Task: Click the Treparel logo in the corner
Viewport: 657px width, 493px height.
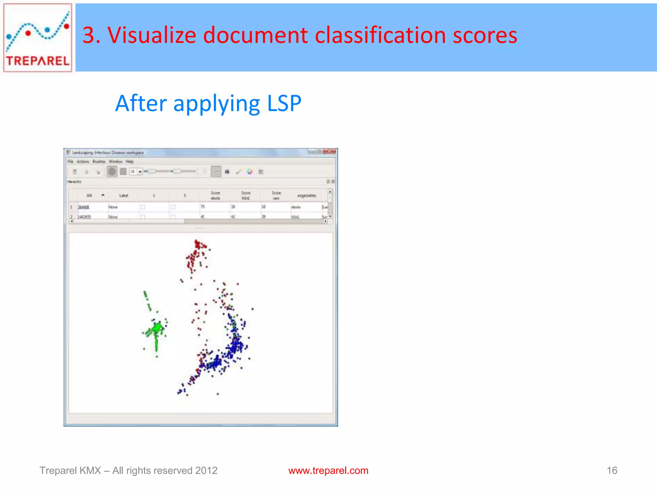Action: [x=38, y=38]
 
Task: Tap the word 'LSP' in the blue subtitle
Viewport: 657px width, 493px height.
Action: [x=284, y=103]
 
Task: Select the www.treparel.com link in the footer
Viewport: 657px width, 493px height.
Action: [x=328, y=471]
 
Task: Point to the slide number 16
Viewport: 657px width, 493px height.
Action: [x=612, y=471]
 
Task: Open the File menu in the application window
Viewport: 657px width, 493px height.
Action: [x=71, y=161]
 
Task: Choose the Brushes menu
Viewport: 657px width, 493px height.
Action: [x=99, y=161]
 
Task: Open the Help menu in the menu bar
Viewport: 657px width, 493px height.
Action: [x=130, y=161]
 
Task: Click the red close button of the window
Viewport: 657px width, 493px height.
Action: [x=331, y=151]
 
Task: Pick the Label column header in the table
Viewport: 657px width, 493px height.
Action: [x=124, y=195]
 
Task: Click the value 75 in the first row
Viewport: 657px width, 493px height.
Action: [x=202, y=207]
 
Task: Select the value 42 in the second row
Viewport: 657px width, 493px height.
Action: [x=233, y=217]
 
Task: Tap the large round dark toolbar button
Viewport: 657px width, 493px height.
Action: [x=112, y=172]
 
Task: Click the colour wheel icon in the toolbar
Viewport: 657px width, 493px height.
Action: [x=250, y=172]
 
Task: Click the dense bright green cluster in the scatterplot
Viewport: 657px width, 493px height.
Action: [x=158, y=328]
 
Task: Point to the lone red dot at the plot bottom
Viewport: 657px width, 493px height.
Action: [x=218, y=394]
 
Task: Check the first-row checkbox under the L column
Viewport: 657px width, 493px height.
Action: [x=143, y=207]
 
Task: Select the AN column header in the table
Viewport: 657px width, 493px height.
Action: [x=89, y=195]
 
